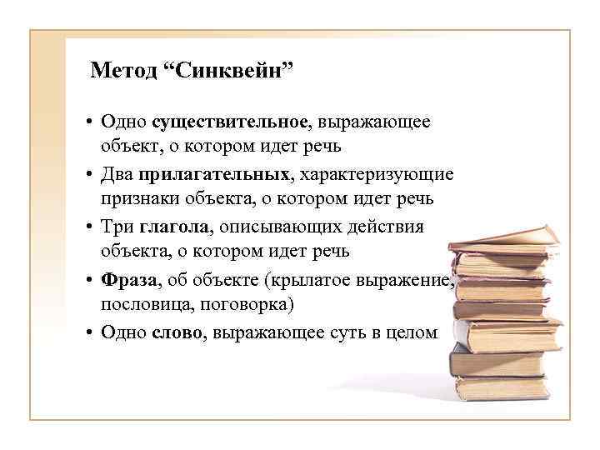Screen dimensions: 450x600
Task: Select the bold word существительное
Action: pos(231,122)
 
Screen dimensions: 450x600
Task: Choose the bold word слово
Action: pos(177,332)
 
